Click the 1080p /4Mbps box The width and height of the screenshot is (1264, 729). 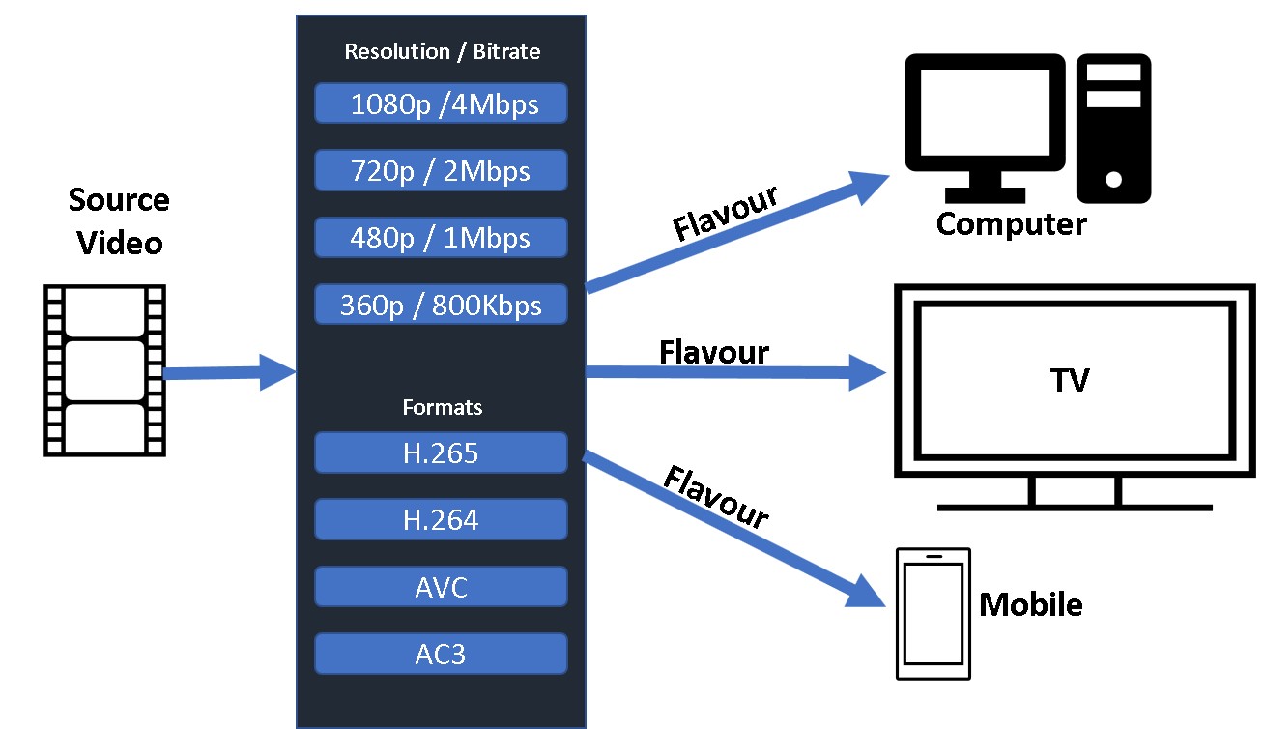click(x=441, y=103)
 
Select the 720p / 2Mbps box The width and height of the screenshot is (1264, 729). click(x=441, y=170)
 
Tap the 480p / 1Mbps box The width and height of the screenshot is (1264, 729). click(x=441, y=237)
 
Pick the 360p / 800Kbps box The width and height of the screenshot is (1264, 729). click(x=441, y=305)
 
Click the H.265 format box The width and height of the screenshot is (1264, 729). click(x=441, y=452)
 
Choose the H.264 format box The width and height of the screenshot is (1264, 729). click(x=441, y=519)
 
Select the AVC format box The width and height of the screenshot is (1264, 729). click(x=441, y=586)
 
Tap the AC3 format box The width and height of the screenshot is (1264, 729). click(x=441, y=654)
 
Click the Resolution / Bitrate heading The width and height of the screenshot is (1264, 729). click(x=442, y=51)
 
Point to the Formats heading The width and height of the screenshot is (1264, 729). click(x=442, y=407)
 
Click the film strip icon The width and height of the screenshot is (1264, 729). click(x=105, y=369)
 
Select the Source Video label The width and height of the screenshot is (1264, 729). click(x=119, y=221)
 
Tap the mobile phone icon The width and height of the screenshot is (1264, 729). click(x=933, y=615)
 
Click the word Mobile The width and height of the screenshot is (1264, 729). click(x=1030, y=605)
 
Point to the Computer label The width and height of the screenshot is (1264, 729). click(x=1011, y=224)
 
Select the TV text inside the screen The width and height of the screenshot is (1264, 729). click(x=1071, y=380)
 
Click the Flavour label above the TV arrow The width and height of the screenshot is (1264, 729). click(x=713, y=352)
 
